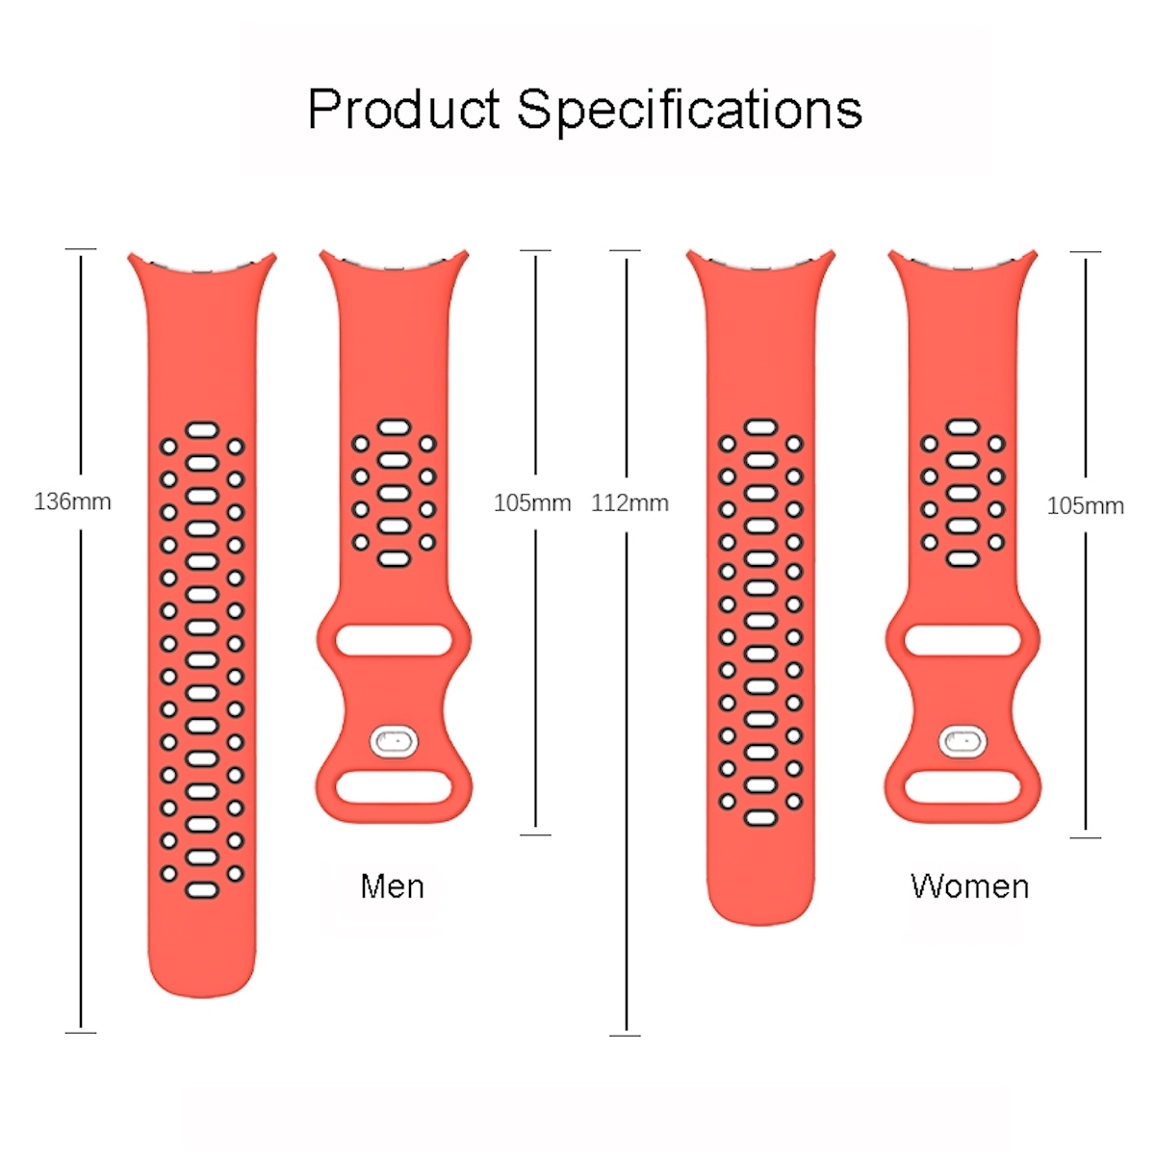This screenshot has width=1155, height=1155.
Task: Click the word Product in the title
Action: [403, 109]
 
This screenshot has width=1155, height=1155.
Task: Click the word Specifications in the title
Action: [689, 111]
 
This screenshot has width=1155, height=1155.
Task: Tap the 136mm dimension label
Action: [72, 501]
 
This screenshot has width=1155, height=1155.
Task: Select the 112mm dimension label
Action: [629, 503]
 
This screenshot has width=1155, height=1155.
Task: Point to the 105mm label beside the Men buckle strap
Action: [532, 502]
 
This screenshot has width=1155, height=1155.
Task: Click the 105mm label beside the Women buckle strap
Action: [1086, 506]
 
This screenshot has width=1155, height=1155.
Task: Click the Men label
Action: [393, 885]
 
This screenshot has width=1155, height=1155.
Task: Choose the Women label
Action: [970, 885]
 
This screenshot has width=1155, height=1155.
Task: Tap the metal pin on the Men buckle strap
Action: [394, 741]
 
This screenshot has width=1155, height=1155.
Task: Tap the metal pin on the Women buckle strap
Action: [962, 741]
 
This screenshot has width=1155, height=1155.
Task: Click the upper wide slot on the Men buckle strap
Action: [394, 640]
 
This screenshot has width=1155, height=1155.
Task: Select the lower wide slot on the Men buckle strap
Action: [394, 787]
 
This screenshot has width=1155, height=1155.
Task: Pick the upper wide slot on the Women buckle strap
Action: [962, 640]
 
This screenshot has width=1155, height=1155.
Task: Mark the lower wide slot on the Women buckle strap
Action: [962, 787]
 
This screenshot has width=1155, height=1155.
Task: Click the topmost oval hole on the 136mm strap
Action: [202, 430]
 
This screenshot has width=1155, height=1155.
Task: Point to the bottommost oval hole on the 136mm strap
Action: [202, 890]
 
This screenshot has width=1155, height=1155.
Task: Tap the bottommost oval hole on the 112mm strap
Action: [760, 817]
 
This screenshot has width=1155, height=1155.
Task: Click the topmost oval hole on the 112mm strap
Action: [760, 427]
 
